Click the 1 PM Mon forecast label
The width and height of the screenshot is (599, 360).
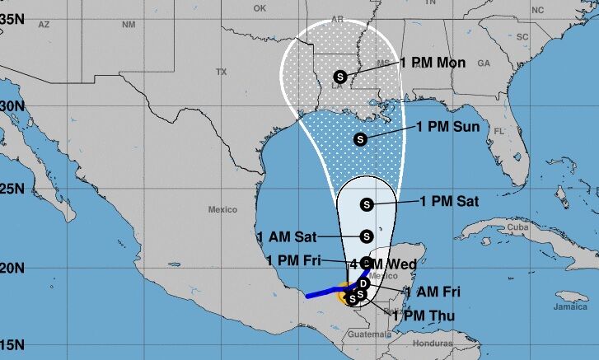[433, 63]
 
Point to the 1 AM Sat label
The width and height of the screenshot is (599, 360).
[288, 236]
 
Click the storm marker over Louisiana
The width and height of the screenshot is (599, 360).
[340, 77]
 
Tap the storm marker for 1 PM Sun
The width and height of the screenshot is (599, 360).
[360, 139]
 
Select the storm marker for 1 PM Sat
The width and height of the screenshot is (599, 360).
[367, 203]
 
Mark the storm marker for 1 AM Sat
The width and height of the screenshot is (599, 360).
[367, 236]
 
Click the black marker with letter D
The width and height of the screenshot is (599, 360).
[363, 283]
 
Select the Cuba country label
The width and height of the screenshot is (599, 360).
[517, 227]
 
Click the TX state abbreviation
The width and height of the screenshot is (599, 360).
[221, 72]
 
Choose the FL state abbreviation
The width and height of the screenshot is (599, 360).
[498, 131]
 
